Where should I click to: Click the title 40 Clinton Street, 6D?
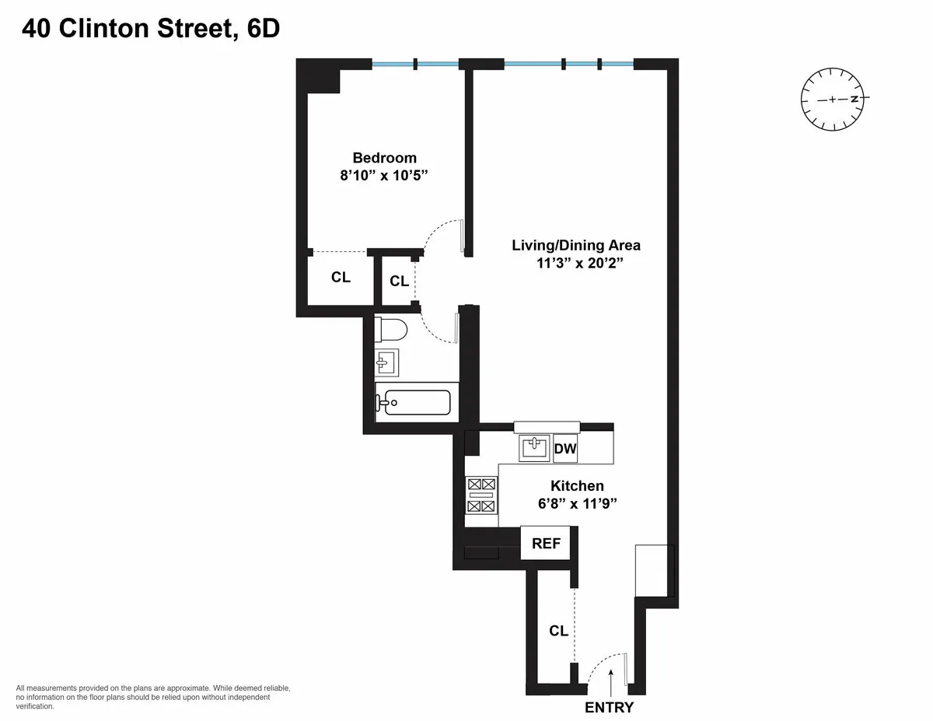pos(151,29)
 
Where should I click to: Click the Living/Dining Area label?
pos(575,245)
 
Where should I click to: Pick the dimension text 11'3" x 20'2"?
pos(575,264)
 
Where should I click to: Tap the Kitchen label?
pos(577,485)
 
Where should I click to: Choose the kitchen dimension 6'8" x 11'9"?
pos(577,503)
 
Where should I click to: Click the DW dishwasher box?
pos(565,449)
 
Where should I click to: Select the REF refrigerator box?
pos(546,544)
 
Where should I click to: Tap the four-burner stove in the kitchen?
pos(480,495)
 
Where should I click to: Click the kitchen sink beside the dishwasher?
pos(535,447)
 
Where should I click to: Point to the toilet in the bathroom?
pos(391,331)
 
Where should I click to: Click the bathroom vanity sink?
pos(386,362)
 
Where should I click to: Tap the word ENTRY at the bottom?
pos(609,708)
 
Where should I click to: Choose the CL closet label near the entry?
pos(558,631)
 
